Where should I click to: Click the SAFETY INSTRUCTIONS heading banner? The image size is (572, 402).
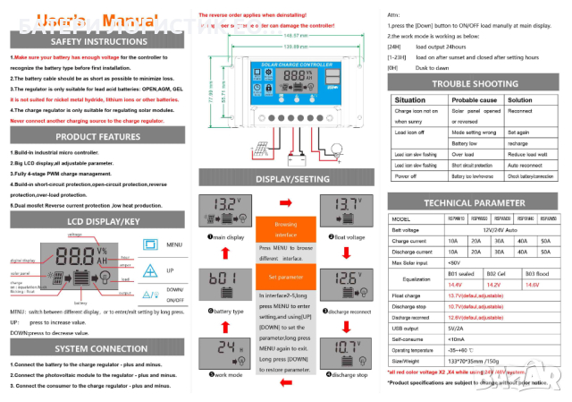pyautogui.click(x=99, y=41)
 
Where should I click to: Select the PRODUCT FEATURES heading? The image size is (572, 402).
pyautogui.click(x=99, y=137)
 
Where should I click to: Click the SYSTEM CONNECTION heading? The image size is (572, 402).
pyautogui.click(x=99, y=348)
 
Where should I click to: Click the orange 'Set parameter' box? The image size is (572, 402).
pyautogui.click(x=285, y=278)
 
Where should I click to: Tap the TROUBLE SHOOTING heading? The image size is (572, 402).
pyautogui.click(x=475, y=83)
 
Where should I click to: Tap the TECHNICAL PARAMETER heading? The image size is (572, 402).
pyautogui.click(x=475, y=203)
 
